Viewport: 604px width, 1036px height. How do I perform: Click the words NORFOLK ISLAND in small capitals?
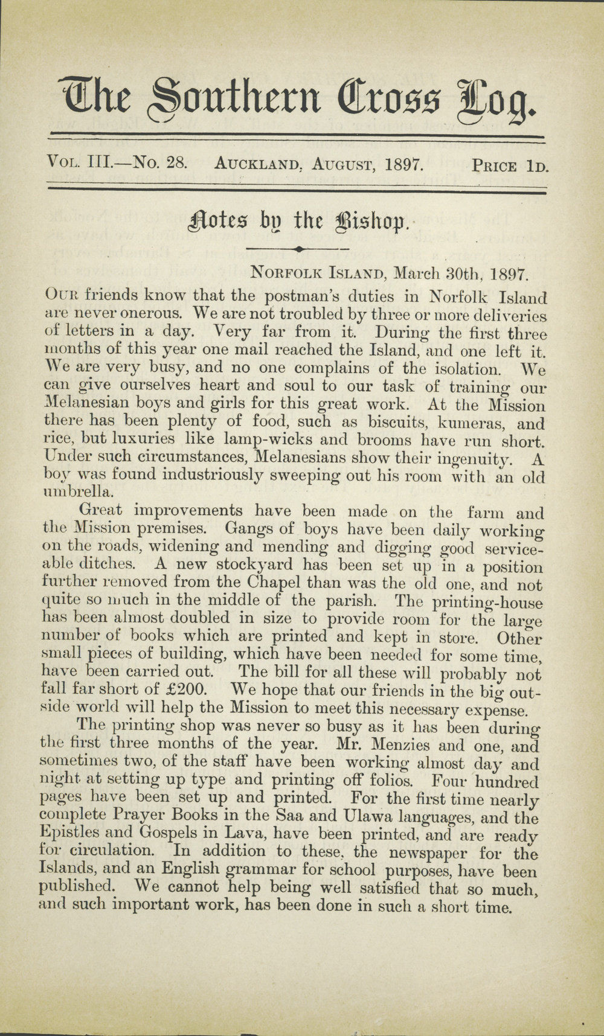tap(319, 273)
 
